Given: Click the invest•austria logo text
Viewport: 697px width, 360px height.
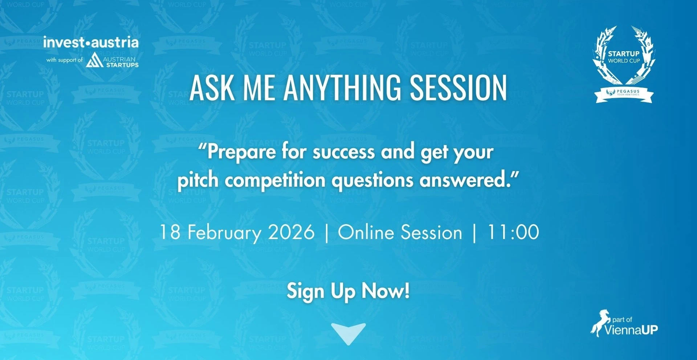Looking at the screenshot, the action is (91, 43).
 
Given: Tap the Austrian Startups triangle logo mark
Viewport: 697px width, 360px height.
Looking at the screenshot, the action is (94, 60).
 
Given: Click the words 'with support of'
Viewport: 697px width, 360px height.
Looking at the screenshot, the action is (64, 60).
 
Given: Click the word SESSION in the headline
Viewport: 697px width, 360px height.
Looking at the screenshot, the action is (458, 88).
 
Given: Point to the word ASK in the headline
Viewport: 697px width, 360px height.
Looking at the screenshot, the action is (212, 88).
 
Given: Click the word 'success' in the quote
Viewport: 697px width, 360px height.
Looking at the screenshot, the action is (343, 152).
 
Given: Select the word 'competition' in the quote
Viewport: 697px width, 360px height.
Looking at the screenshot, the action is (275, 181).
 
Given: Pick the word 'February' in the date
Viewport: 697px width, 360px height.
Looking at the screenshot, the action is (224, 233).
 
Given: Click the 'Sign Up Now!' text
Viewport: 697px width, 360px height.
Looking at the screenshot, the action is (348, 291).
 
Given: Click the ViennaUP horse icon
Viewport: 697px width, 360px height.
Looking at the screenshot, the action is (599, 323).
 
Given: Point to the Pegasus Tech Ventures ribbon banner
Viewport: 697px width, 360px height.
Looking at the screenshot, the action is (624, 95).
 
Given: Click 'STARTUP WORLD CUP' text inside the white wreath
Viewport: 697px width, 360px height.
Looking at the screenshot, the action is (624, 57).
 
